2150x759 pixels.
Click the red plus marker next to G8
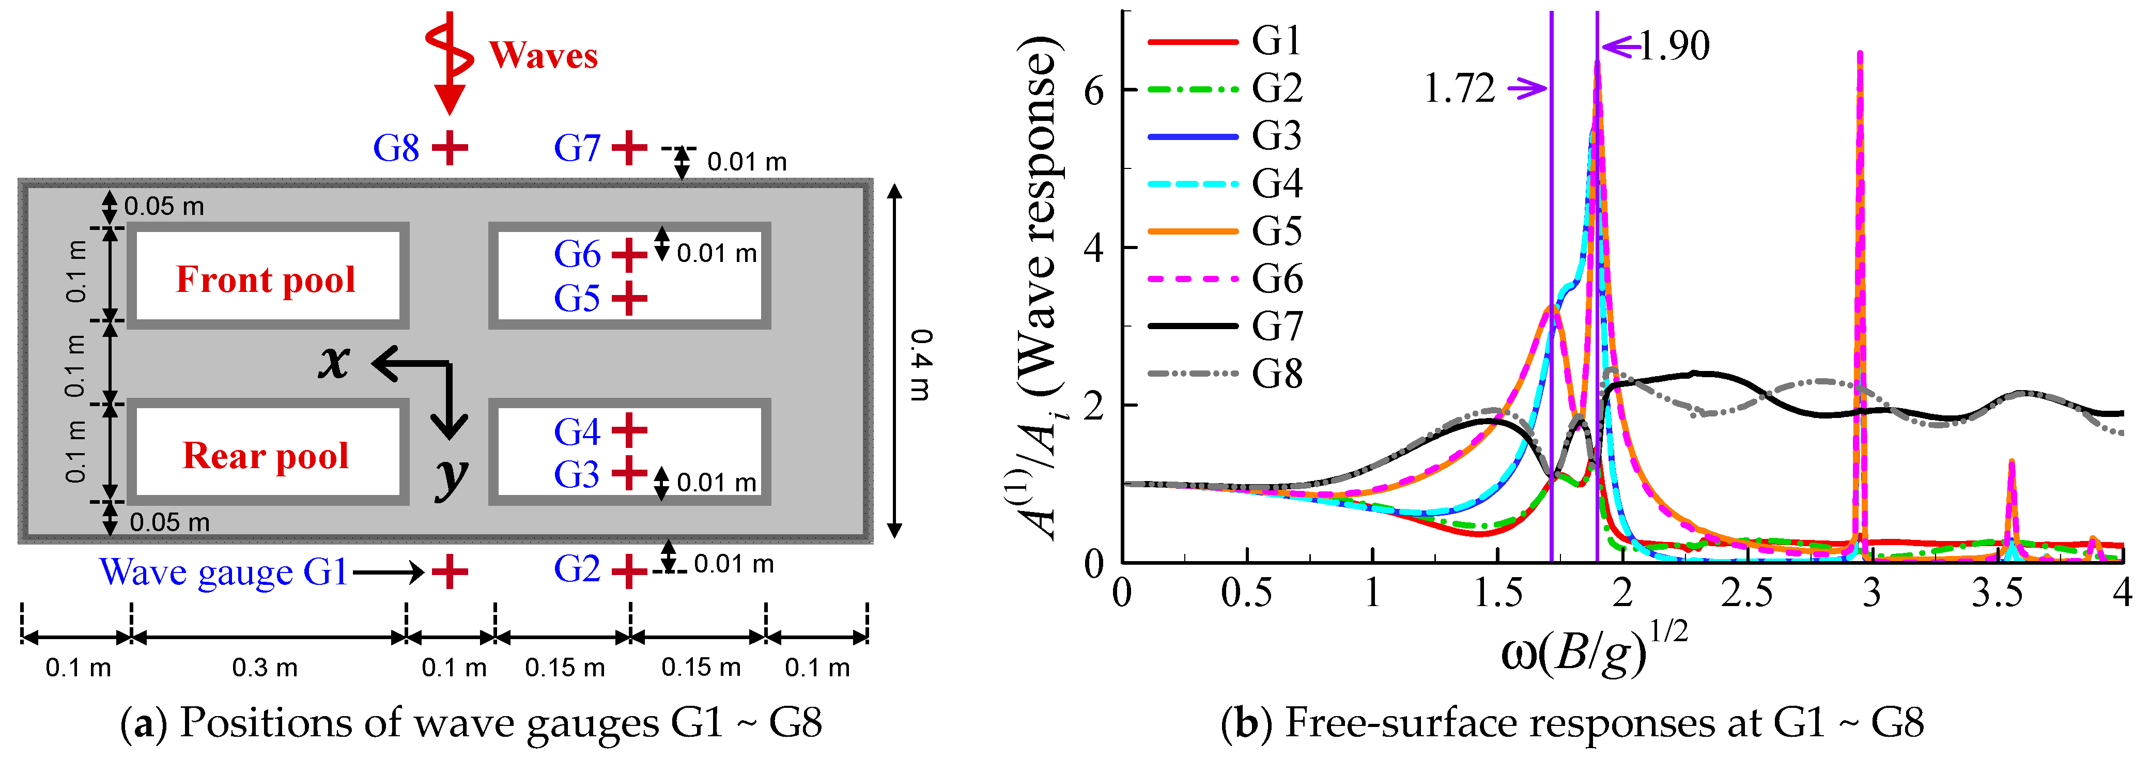pos(450,149)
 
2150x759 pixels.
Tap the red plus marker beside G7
pos(629,149)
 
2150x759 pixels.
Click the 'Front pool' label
pos(266,280)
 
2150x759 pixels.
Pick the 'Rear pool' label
pos(266,456)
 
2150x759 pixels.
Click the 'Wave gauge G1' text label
pos(223,572)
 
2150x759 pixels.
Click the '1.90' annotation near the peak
pos(1674,45)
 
